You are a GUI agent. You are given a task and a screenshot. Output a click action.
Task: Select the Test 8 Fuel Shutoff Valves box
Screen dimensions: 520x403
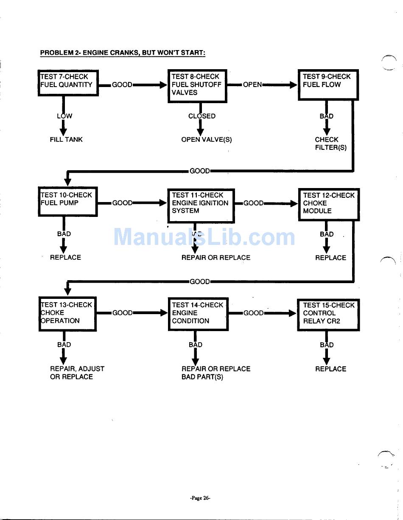pyautogui.click(x=197, y=85)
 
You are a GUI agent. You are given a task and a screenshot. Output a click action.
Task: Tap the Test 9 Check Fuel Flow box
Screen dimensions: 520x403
pyautogui.click(x=328, y=84)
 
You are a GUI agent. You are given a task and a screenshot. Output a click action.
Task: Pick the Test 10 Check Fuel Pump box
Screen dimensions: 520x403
pyautogui.click(x=68, y=201)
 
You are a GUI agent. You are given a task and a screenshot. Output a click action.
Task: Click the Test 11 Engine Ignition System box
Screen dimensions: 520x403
pyautogui.click(x=201, y=205)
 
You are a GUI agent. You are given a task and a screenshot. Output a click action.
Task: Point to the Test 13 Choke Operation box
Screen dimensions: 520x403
pyautogui.click(x=68, y=313)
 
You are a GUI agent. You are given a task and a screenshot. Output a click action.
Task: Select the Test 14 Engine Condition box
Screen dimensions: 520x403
pyautogui.click(x=198, y=314)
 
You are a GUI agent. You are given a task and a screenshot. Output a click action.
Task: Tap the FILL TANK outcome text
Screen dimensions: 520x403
pyautogui.click(x=66, y=139)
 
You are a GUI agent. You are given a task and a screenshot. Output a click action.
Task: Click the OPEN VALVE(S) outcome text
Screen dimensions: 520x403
pyautogui.click(x=207, y=140)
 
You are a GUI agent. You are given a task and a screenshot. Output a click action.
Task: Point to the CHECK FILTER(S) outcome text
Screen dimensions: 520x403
pyautogui.click(x=330, y=143)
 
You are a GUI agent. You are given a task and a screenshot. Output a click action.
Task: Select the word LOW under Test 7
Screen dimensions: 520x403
pyautogui.click(x=64, y=116)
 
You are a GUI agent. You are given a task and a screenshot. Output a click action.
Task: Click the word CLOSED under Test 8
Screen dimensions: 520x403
pyautogui.click(x=202, y=116)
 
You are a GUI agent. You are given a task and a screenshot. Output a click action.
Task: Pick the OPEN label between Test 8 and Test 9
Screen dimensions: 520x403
pyautogui.click(x=252, y=84)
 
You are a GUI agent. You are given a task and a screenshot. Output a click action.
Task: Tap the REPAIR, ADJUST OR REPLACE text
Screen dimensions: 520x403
pyautogui.click(x=77, y=373)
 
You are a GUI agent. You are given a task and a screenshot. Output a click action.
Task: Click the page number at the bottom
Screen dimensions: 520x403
pyautogui.click(x=200, y=498)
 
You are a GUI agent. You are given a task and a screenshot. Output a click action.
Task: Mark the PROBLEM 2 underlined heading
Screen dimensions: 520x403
pyautogui.click(x=123, y=53)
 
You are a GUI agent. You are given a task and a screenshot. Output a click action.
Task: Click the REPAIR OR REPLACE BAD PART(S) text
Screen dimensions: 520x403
pyautogui.click(x=215, y=373)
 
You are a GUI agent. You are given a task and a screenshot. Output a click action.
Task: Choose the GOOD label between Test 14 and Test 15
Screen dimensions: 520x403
pyautogui.click(x=253, y=313)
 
